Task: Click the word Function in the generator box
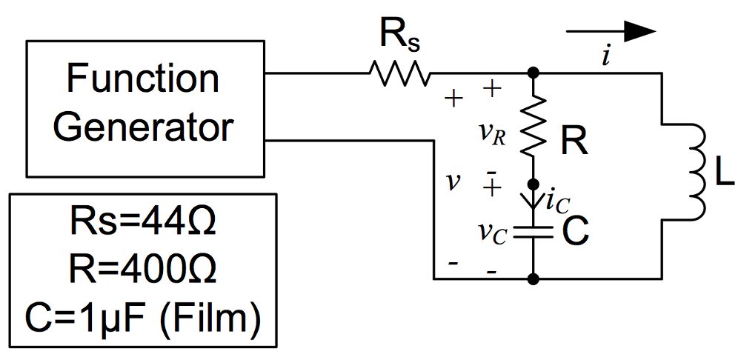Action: [x=144, y=79]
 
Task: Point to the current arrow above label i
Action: [x=611, y=31]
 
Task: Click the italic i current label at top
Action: [x=606, y=58]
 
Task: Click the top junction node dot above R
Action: [x=533, y=73]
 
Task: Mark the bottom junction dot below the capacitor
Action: [x=533, y=279]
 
